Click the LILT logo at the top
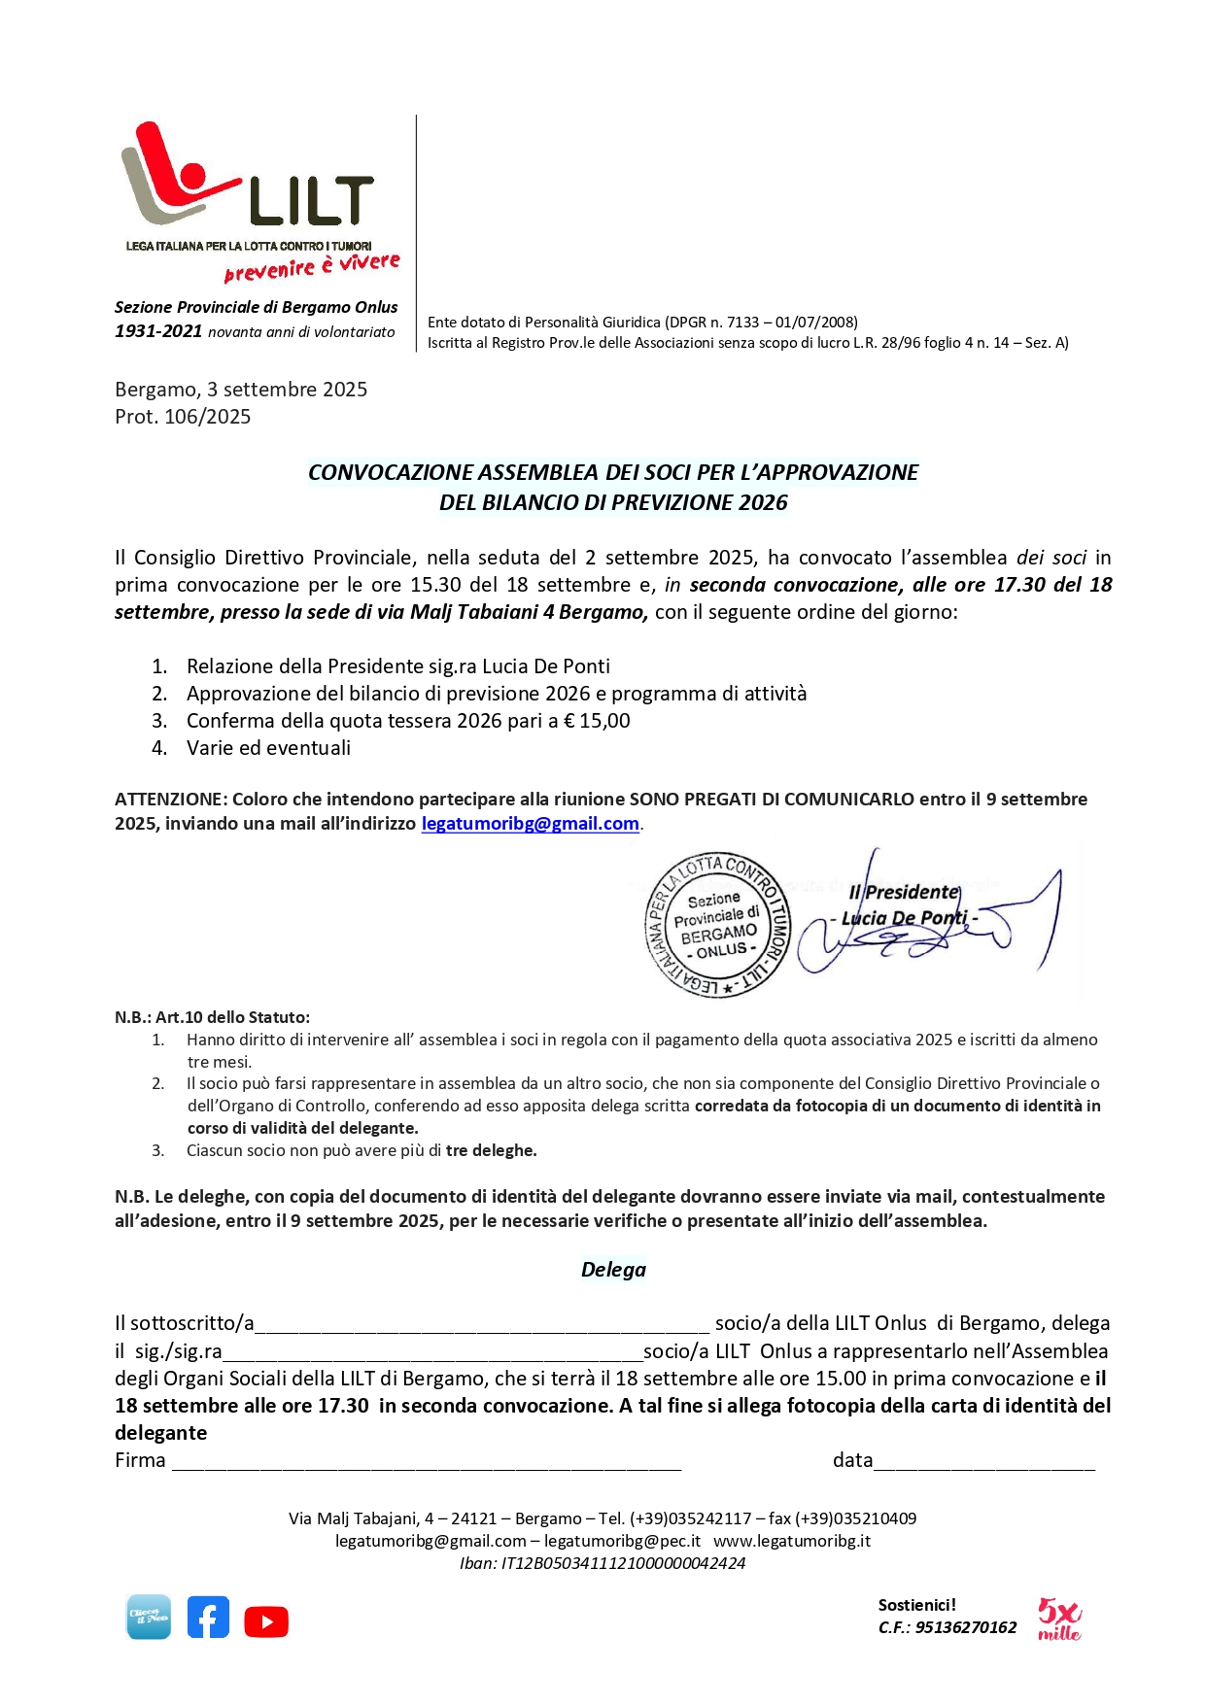[x=248, y=180]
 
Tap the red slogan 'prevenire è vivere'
[x=311, y=266]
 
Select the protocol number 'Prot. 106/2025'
[x=183, y=417]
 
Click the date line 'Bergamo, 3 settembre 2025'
[x=241, y=390]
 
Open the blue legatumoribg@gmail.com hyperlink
[x=530, y=824]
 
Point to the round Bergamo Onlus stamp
[x=719, y=924]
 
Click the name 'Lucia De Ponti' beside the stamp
[x=904, y=918]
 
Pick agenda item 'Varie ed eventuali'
[x=268, y=748]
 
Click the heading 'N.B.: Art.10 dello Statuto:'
[x=212, y=1017]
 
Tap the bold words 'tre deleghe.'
[x=491, y=1150]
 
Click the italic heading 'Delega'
[x=613, y=1270]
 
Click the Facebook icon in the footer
[x=208, y=1618]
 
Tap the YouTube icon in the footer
[x=266, y=1621]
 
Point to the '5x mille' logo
[x=1058, y=1620]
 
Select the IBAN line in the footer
[x=603, y=1563]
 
